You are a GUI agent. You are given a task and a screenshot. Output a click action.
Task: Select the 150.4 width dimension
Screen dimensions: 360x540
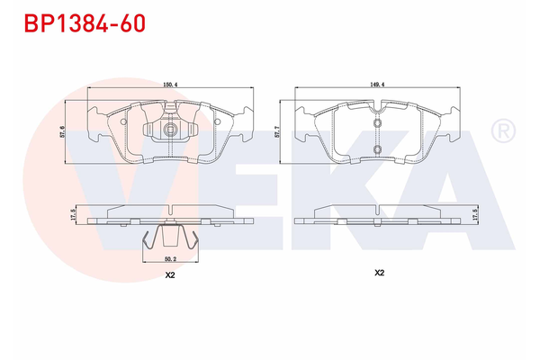(x=169, y=85)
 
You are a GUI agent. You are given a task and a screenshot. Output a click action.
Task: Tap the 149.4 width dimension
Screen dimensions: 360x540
(x=379, y=85)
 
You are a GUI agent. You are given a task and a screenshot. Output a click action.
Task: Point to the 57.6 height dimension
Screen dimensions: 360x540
(x=60, y=132)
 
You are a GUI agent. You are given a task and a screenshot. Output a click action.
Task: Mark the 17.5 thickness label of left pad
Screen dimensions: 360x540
(x=74, y=216)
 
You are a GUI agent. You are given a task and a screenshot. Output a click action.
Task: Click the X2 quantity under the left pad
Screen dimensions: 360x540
(x=169, y=277)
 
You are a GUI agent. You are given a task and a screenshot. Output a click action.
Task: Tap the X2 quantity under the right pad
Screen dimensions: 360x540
(x=379, y=272)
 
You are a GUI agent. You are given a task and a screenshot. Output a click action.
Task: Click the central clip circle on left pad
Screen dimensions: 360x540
(x=169, y=131)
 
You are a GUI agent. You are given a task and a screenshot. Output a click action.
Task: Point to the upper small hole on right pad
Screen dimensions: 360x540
(x=378, y=121)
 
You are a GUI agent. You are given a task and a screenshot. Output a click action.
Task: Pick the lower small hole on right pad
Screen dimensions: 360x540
(x=378, y=149)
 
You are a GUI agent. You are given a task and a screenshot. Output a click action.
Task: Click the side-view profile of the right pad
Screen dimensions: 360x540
(x=379, y=216)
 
